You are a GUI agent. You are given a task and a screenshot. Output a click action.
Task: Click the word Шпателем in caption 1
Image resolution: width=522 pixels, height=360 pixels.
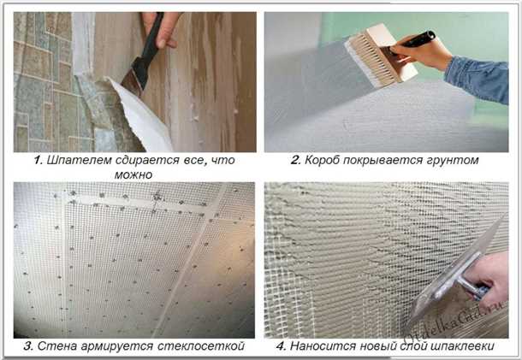click(x=80, y=161)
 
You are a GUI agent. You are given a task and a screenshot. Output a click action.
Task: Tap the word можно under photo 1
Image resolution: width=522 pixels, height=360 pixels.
click(x=133, y=174)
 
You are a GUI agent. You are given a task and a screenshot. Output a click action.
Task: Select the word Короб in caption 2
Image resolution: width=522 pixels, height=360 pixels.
click(x=322, y=161)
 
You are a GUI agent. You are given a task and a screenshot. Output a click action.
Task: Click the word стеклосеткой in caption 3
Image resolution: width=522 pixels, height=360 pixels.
click(x=201, y=346)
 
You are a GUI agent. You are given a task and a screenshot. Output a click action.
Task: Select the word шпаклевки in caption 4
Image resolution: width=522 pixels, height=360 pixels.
click(x=462, y=346)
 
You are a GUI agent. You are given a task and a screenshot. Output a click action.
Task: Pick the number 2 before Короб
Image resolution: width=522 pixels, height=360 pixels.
click(x=295, y=160)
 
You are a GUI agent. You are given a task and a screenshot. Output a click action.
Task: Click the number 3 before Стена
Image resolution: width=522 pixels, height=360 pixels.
click(x=28, y=346)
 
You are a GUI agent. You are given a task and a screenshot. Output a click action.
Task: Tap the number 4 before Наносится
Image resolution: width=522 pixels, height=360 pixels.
click(x=282, y=346)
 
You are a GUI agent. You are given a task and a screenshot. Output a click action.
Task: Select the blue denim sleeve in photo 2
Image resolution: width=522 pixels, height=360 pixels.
click(x=478, y=80)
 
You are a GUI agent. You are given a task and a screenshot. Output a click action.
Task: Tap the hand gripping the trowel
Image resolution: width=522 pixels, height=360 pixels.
click(x=489, y=275)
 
